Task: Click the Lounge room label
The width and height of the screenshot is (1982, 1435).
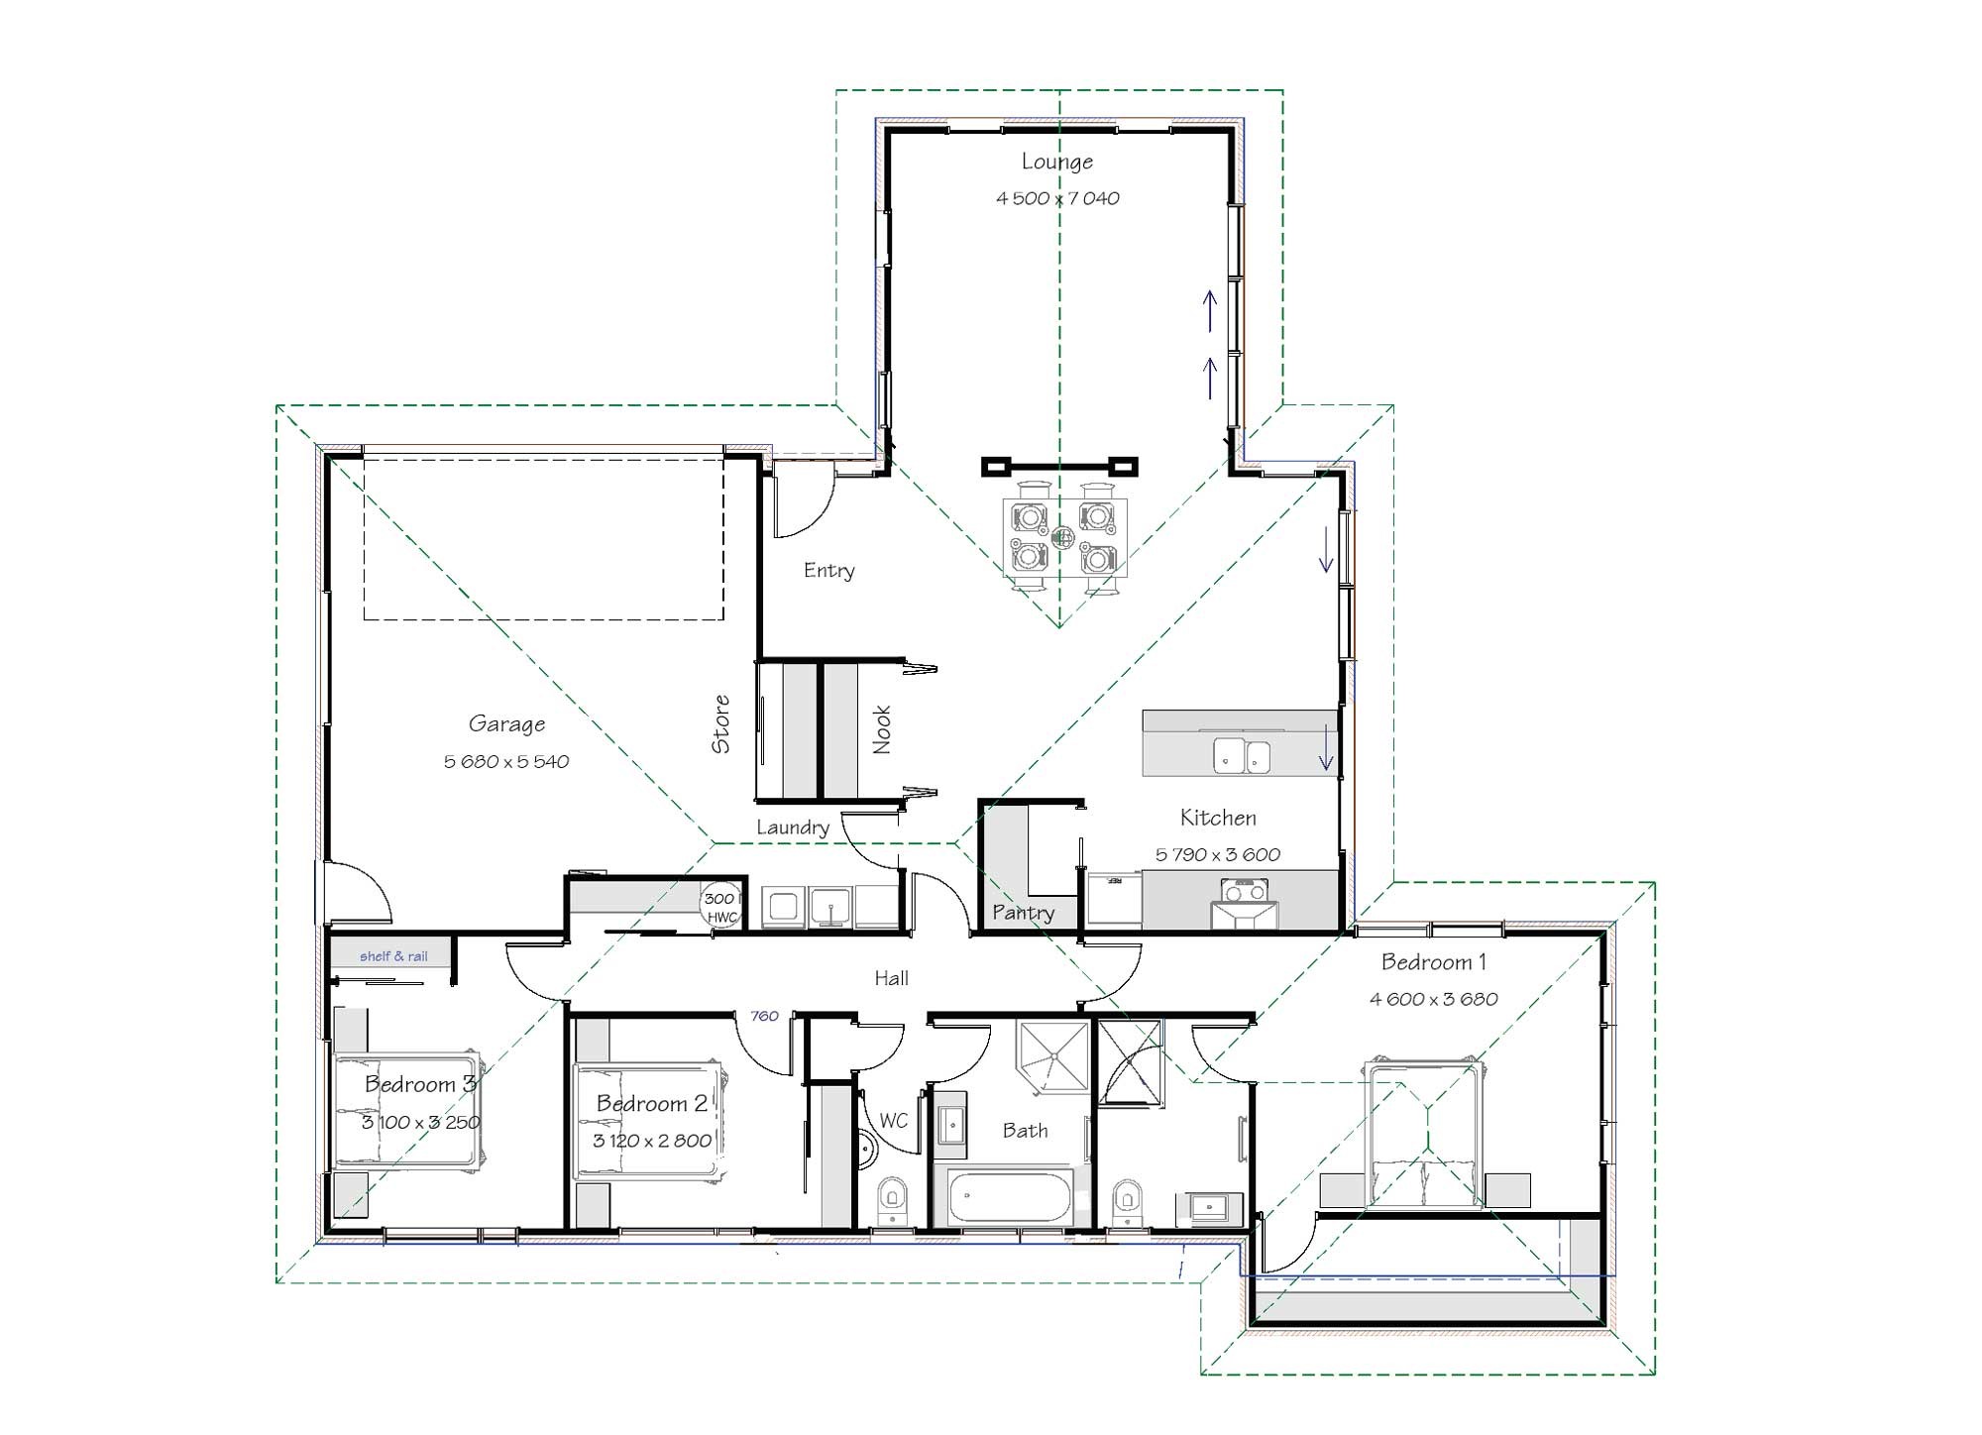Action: pyautogui.click(x=1057, y=162)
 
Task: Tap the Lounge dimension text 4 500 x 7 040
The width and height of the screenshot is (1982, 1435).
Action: pyautogui.click(x=1057, y=198)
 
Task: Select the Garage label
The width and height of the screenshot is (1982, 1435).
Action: pyautogui.click(x=506, y=724)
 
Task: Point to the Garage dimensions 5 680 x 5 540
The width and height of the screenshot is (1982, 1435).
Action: pyautogui.click(x=506, y=762)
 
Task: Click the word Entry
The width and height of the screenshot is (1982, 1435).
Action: pyautogui.click(x=828, y=571)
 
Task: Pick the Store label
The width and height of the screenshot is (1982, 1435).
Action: pyautogui.click(x=720, y=723)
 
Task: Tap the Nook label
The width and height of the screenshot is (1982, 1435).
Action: pyautogui.click(x=881, y=729)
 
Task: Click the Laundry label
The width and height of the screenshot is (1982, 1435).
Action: pyautogui.click(x=792, y=828)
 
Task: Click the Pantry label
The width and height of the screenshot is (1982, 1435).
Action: pyautogui.click(x=1023, y=913)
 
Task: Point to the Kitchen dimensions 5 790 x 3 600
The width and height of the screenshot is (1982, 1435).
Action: pyautogui.click(x=1218, y=854)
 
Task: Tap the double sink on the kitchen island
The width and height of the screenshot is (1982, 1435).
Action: pyautogui.click(x=1242, y=755)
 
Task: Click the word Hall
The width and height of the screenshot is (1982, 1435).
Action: pyautogui.click(x=891, y=978)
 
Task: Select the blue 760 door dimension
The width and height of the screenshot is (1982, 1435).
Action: pyautogui.click(x=764, y=1016)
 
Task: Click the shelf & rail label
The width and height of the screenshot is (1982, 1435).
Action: pyautogui.click(x=393, y=956)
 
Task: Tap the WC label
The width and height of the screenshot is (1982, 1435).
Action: pyautogui.click(x=893, y=1121)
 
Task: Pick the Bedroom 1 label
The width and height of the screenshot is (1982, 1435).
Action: pyautogui.click(x=1433, y=962)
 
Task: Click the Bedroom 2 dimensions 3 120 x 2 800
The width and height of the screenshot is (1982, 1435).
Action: pyautogui.click(x=652, y=1141)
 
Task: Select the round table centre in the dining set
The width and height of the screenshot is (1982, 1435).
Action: pyautogui.click(x=1063, y=538)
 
